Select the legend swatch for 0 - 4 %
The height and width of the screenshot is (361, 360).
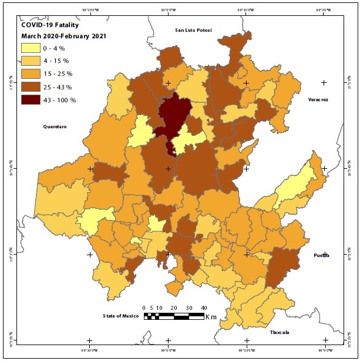(31, 48)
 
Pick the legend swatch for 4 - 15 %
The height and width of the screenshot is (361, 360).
(31, 61)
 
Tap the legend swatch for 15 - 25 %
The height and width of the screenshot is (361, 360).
(31, 74)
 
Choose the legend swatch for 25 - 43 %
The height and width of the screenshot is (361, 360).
(31, 87)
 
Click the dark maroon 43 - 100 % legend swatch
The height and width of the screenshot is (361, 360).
(31, 100)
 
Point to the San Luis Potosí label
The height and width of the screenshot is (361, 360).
(193, 30)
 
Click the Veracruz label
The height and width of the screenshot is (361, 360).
(318, 100)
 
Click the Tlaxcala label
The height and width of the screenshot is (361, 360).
(281, 332)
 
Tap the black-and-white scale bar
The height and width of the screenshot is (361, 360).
(174, 316)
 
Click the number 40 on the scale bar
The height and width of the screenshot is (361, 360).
(203, 308)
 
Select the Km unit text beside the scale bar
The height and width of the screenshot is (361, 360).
(211, 317)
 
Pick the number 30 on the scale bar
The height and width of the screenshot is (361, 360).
(189, 308)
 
